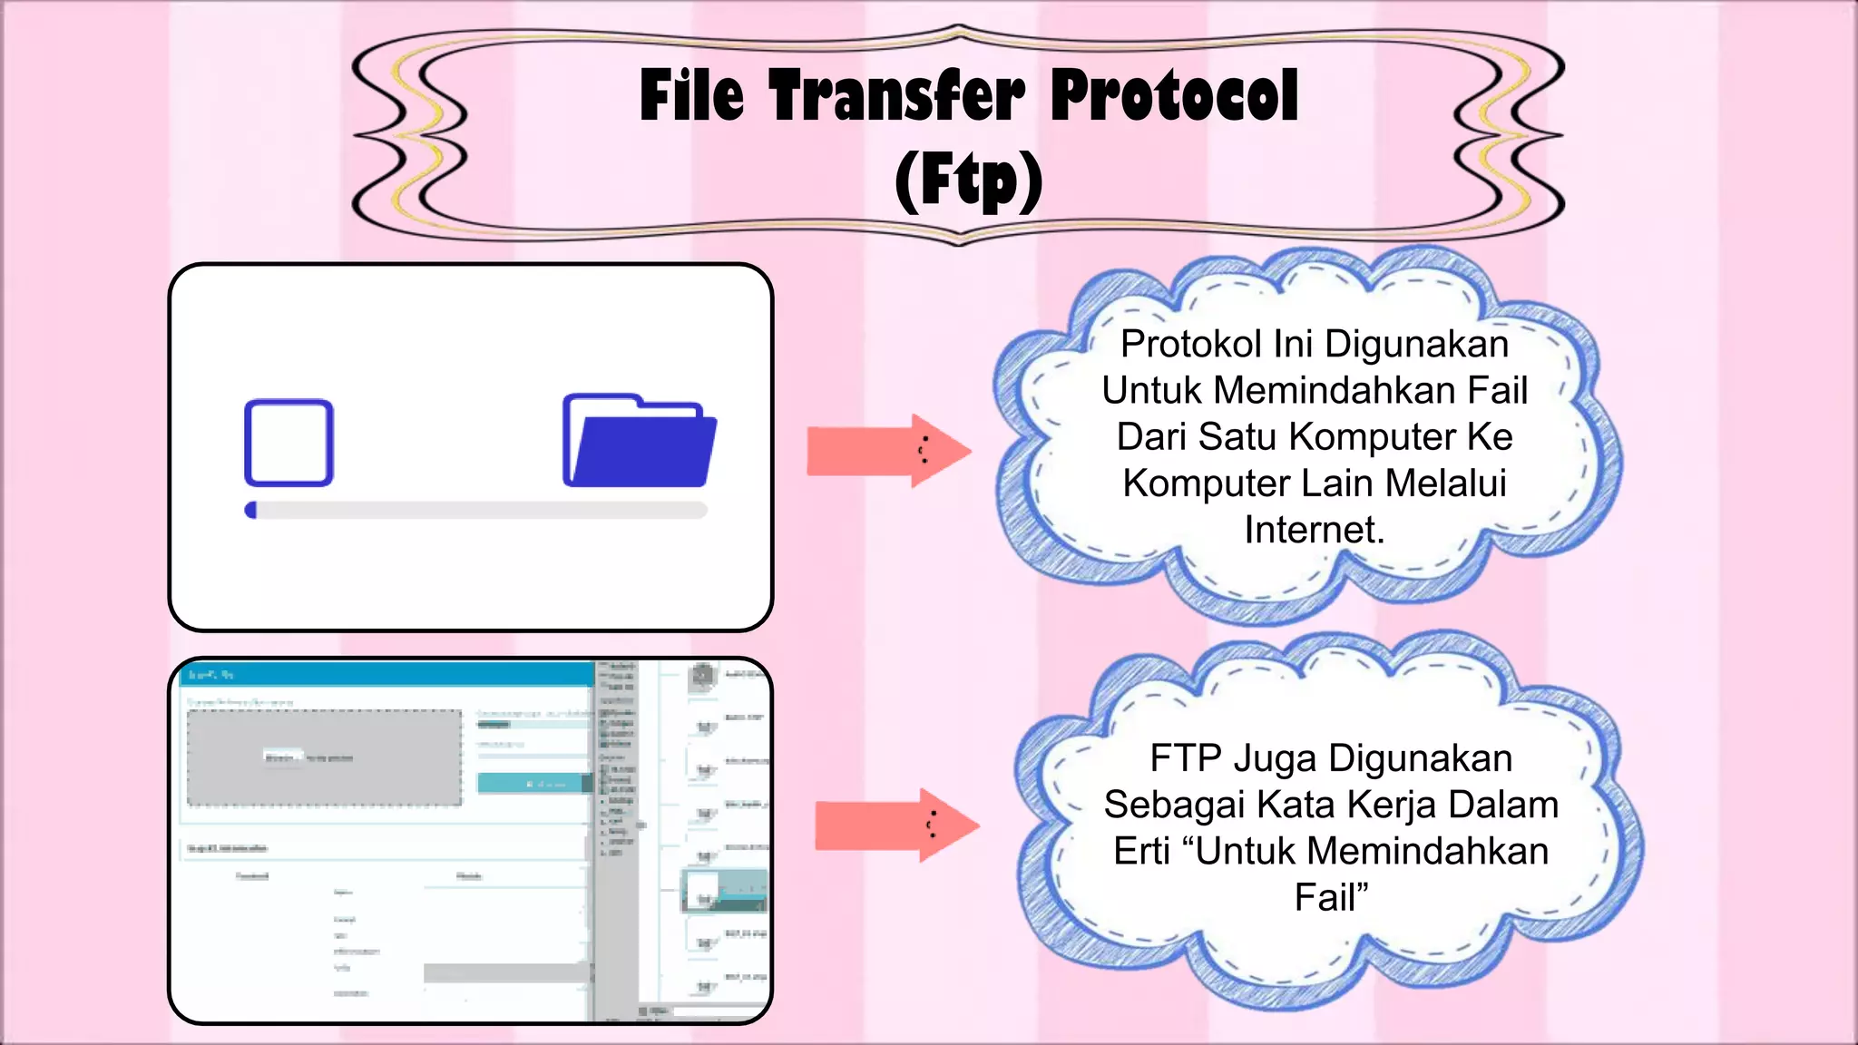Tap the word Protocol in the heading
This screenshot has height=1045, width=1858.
tap(1175, 96)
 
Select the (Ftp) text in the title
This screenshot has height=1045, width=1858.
tap(968, 181)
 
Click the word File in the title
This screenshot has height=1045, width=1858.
tap(691, 96)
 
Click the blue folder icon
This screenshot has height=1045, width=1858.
tap(639, 441)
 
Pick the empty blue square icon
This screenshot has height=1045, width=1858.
tap(288, 443)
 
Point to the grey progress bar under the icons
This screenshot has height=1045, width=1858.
tap(476, 510)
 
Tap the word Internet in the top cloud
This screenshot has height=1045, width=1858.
tap(1313, 530)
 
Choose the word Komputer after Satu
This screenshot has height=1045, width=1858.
tap(1363, 437)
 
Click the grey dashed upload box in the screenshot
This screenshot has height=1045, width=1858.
tap(324, 757)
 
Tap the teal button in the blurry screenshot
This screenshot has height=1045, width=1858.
tap(534, 783)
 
